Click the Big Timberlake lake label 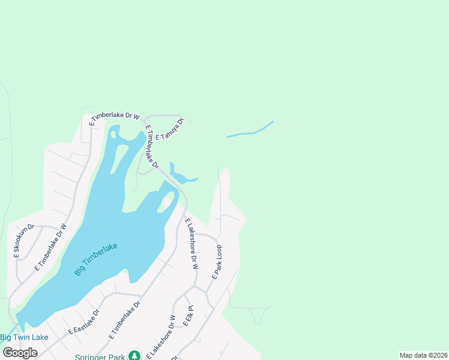point(95,259)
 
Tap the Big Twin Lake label point(24,337)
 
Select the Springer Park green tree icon point(135,356)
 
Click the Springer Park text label point(100,357)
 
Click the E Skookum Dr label point(25,242)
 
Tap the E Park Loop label point(217,262)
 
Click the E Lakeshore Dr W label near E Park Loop point(191,244)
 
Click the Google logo point(20,352)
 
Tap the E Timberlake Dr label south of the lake point(125,322)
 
